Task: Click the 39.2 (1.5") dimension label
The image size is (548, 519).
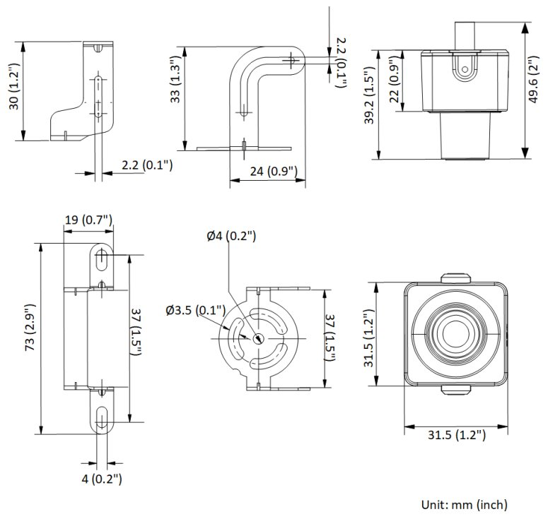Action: pos(368,106)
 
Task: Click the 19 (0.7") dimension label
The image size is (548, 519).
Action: pos(89,220)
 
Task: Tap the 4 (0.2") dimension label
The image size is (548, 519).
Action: pos(102,479)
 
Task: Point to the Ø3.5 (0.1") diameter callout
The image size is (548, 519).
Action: pos(195,310)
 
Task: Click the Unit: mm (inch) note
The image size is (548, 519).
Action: pos(463,504)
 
